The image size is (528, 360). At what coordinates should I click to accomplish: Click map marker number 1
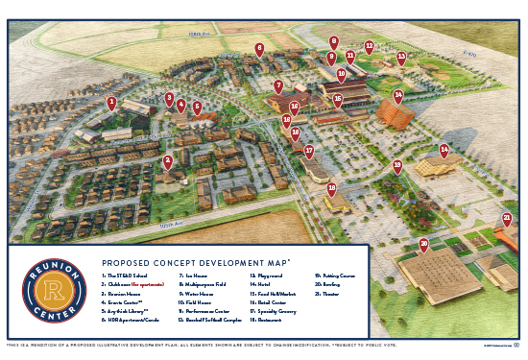click(111, 102)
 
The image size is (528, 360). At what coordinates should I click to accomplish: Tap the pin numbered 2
click(167, 161)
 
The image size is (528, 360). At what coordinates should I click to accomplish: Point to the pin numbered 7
click(277, 86)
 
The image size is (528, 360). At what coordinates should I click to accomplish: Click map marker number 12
click(369, 46)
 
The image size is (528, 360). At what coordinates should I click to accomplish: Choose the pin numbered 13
click(401, 57)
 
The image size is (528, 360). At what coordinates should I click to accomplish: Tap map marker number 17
click(308, 151)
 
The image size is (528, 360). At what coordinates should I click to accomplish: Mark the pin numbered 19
click(396, 166)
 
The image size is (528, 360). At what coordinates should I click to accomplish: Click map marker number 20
click(423, 244)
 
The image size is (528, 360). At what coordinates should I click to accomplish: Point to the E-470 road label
click(468, 56)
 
